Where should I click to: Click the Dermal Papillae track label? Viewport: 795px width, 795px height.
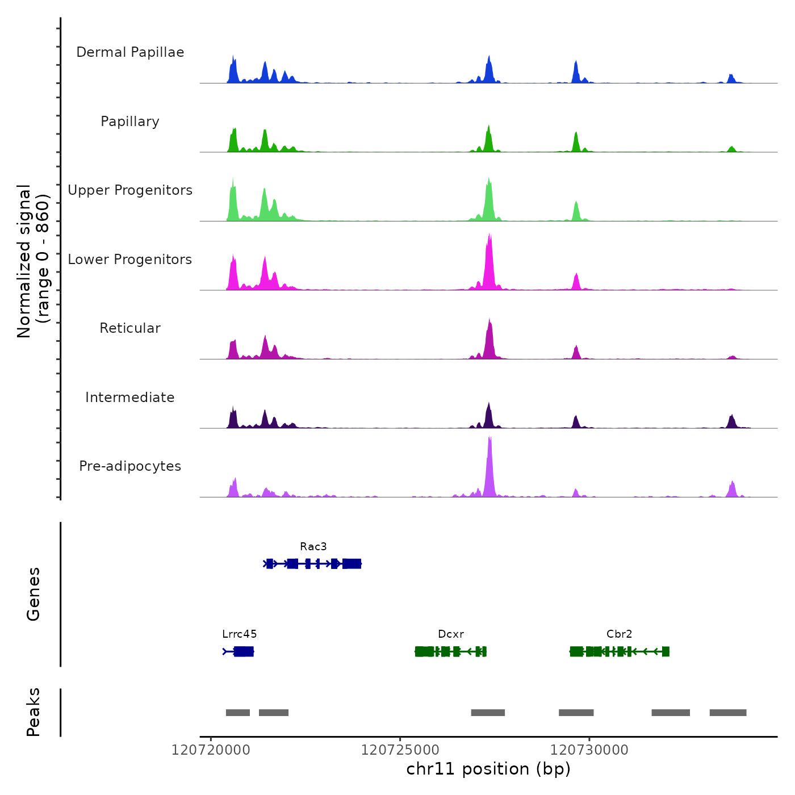point(130,52)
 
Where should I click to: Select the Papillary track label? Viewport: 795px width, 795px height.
point(130,122)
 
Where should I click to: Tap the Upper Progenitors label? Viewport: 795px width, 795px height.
point(130,190)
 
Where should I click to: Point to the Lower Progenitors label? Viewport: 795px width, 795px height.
point(130,260)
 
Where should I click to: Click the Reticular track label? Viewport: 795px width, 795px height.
point(130,328)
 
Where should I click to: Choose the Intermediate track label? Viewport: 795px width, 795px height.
point(130,397)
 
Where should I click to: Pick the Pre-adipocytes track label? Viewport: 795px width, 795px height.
point(130,466)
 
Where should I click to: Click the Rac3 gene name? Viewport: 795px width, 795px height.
point(313,547)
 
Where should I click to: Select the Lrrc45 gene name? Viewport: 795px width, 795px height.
point(239,634)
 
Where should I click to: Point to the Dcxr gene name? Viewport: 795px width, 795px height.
point(451,634)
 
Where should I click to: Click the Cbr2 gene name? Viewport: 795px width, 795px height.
point(619,634)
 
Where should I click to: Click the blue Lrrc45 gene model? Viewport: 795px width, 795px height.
point(243,651)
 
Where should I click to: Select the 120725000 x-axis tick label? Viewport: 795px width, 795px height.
point(400,750)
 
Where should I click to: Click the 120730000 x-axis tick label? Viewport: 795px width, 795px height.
point(589,750)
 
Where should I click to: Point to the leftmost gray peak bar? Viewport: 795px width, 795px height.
point(238,713)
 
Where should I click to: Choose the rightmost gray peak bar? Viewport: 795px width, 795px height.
point(728,713)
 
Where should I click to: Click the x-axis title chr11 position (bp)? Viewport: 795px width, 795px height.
point(488,769)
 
